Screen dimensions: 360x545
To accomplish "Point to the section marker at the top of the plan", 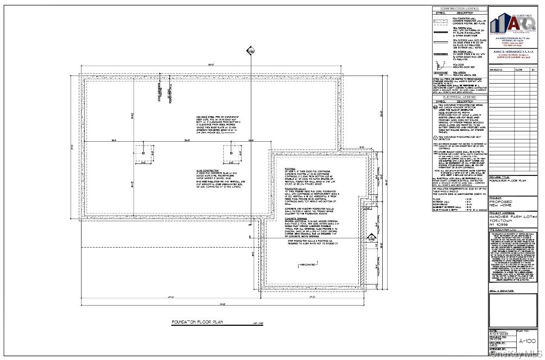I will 250,52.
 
